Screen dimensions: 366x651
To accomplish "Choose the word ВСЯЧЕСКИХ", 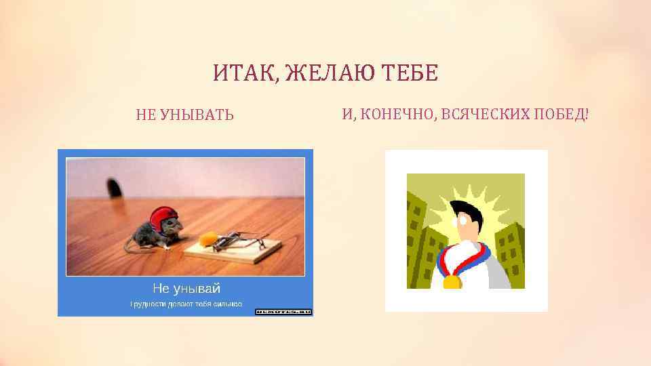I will pyautogui.click(x=484, y=113).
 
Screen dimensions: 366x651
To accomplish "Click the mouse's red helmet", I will pyautogui.click(x=165, y=218).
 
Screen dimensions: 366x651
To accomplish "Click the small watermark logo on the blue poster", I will pyautogui.click(x=283, y=311).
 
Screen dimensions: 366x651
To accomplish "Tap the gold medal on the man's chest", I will pyautogui.click(x=452, y=281).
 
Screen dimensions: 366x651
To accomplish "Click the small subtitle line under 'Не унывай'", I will pyautogui.click(x=186, y=304).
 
